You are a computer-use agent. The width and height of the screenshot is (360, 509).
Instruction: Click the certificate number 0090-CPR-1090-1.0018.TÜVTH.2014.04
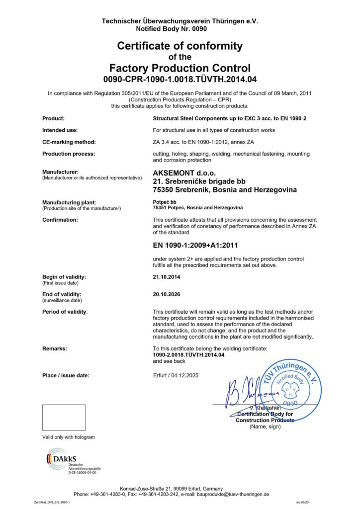pos(180,79)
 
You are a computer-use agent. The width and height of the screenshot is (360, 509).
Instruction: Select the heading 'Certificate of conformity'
pos(180,46)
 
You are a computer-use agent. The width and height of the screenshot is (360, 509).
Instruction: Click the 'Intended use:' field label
pos(60,130)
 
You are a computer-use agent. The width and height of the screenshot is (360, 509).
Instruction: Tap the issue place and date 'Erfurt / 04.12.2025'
pos(176,375)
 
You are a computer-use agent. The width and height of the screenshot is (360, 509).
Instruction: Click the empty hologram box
pos(64,418)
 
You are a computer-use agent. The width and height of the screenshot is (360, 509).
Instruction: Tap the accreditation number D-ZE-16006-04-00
pos(82,472)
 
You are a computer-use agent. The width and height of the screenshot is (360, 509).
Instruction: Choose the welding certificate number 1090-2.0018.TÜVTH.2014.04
pos(189,355)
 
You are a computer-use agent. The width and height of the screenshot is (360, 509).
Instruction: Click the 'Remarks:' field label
pos(55,349)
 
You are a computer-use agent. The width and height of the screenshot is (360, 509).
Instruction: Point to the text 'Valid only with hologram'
pos(68,437)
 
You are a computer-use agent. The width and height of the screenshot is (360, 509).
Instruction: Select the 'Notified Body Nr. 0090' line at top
pos(180,29)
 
